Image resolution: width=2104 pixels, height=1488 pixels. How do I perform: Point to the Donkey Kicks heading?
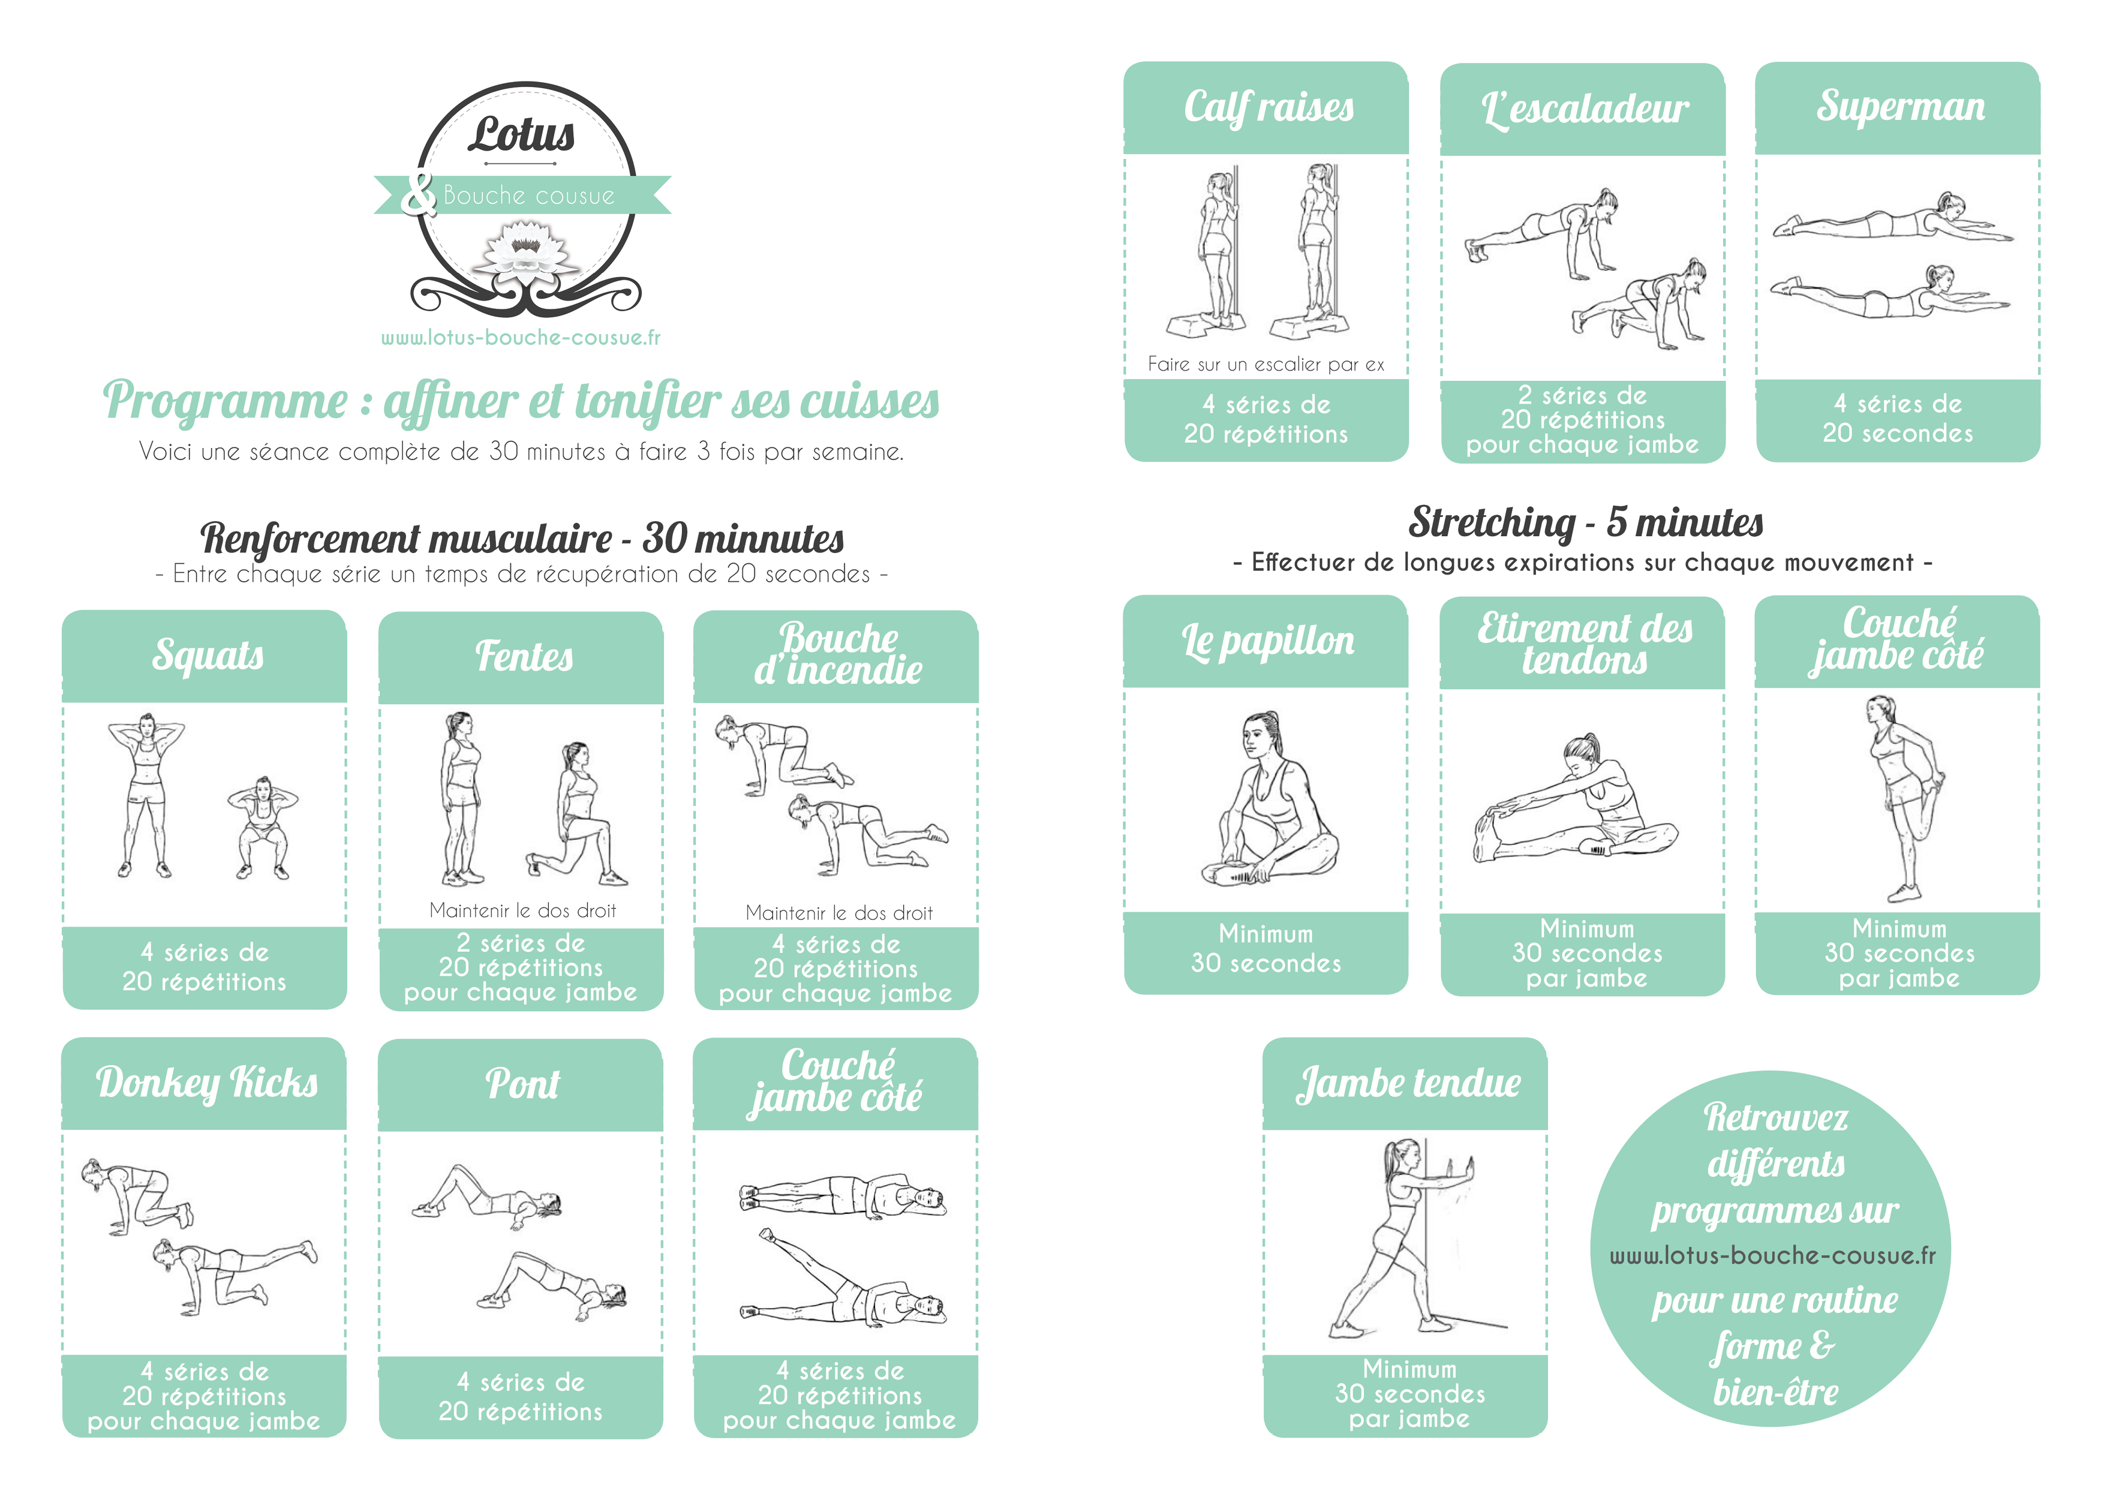pyautogui.click(x=207, y=1083)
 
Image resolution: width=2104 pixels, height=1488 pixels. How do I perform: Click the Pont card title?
pyautogui.click(x=522, y=1084)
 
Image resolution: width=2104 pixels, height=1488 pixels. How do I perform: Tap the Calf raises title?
pyautogui.click(x=1269, y=107)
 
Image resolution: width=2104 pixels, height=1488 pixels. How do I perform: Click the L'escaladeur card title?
pyautogui.click(x=1585, y=110)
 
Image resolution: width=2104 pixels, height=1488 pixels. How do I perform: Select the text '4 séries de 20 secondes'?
pyautogui.click(x=1898, y=419)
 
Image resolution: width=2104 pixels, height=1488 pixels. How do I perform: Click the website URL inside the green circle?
pyautogui.click(x=1773, y=1255)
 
